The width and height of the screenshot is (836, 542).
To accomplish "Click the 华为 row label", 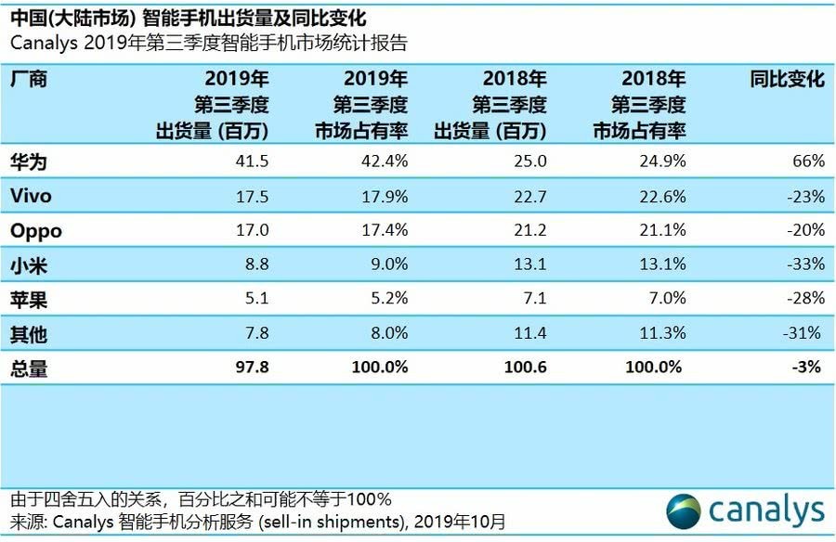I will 29,161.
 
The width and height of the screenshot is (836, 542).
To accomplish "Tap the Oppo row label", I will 35,230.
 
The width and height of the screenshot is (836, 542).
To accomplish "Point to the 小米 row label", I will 29,264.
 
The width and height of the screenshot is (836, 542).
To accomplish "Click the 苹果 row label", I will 29,298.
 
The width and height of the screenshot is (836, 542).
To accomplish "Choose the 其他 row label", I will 29,332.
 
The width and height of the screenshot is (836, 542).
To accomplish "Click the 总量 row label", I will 29,368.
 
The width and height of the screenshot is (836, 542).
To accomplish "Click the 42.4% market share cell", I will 385,161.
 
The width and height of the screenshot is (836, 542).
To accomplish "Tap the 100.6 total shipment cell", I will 525,368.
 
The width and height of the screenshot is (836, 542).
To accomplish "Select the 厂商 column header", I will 29,79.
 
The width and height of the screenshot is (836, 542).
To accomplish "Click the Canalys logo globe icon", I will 685,510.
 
